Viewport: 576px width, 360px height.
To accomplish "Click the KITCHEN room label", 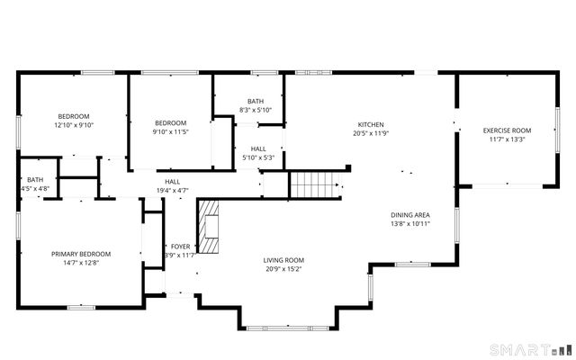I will [371, 124].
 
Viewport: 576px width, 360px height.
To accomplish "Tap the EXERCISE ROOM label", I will [507, 130].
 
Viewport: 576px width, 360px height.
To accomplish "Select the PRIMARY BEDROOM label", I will [80, 254].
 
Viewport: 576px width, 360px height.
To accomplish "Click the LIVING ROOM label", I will [283, 259].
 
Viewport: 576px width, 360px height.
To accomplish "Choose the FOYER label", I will [180, 246].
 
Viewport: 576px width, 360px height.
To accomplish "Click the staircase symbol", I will [316, 185].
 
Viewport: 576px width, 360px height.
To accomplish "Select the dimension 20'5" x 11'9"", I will [371, 134].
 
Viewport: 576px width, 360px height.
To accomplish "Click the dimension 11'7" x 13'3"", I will [507, 139].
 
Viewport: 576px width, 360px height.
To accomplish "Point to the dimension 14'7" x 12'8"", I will [80, 264].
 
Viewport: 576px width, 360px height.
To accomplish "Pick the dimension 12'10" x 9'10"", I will [74, 125].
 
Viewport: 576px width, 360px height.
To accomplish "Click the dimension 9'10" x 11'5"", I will [170, 132].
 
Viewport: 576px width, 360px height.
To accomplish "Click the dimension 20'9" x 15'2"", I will [283, 268].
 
